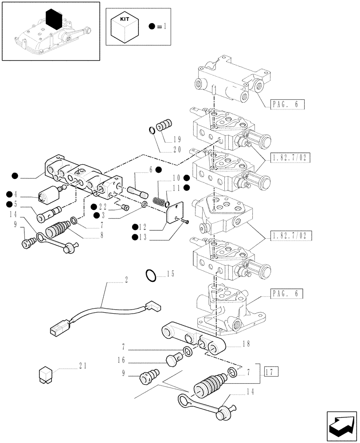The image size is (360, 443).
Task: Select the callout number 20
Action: point(177,150)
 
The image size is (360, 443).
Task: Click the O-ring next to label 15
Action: point(151,275)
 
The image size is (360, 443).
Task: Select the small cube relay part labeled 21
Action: point(46,374)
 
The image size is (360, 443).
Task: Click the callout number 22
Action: point(103,207)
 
